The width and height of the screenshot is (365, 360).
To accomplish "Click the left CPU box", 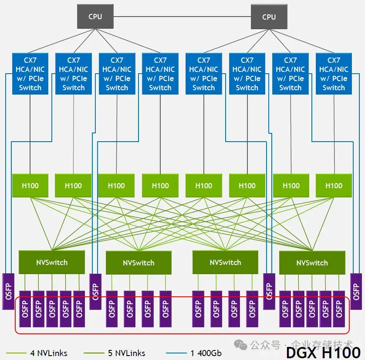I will pyautogui.click(x=95, y=17).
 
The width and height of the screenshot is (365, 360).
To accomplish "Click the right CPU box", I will pyautogui.click(x=269, y=17).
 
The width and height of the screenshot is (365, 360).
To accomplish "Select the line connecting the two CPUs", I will pyautogui.click(x=182, y=17).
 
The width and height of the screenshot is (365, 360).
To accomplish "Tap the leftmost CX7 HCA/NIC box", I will pyautogui.click(x=30, y=74).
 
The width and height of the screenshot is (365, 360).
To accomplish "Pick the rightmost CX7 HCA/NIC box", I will pyautogui.click(x=334, y=74).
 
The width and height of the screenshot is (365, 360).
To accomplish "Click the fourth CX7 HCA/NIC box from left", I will pyautogui.click(x=160, y=74).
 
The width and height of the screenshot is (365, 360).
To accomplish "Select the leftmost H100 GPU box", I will pyautogui.click(x=30, y=186).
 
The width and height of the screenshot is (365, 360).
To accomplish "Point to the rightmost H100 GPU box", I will pyautogui.click(x=334, y=186).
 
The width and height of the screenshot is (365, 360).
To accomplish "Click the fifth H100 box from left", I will pyautogui.click(x=203, y=186).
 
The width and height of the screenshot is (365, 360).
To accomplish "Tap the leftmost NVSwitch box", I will pyautogui.click(x=51, y=262).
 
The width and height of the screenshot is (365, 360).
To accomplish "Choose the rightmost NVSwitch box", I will pyautogui.click(x=312, y=262).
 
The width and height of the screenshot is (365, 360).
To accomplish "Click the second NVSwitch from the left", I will pyautogui.click(x=139, y=263).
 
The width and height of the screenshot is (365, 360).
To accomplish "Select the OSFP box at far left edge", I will pyautogui.click(x=8, y=291).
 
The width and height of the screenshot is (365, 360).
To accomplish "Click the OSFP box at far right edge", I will pyautogui.click(x=356, y=291).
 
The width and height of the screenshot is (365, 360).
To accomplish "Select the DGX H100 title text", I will pyautogui.click(x=323, y=352).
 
